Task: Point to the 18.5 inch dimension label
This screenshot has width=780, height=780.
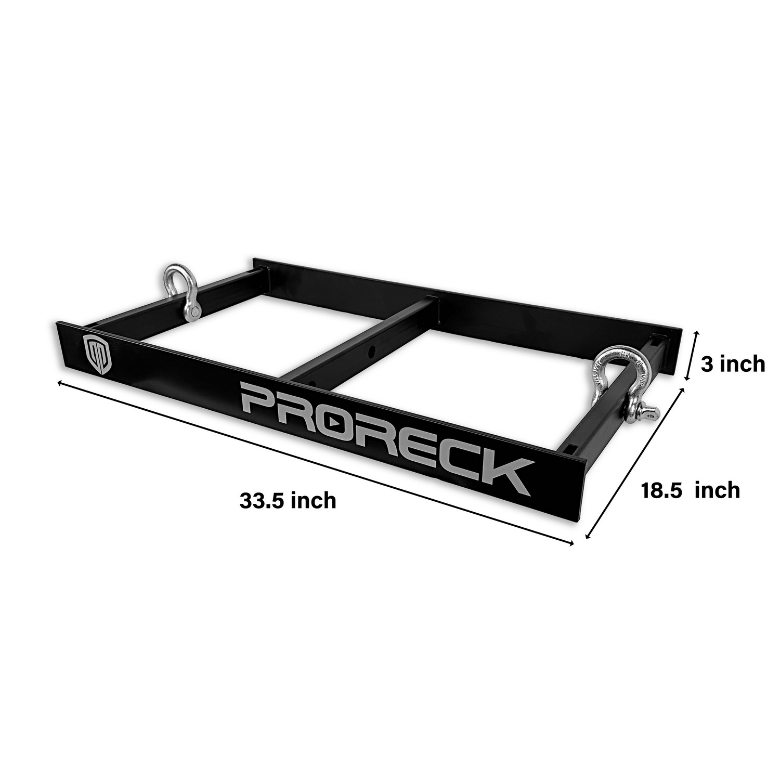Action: pos(691,490)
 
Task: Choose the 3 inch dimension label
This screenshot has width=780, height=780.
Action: pos(732,364)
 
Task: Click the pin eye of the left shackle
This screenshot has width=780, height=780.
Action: pos(194,311)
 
